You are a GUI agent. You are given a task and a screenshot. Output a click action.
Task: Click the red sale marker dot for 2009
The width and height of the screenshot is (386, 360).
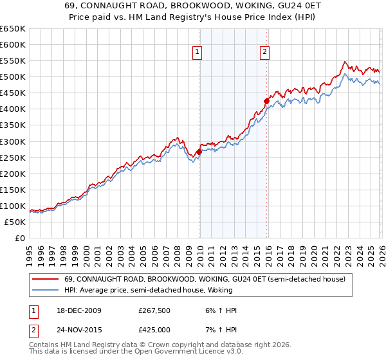pos(199,152)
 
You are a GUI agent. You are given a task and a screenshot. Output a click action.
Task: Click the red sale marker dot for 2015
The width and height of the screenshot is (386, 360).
pos(266,101)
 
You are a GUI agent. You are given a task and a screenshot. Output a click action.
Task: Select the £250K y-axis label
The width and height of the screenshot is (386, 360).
pos(14,157)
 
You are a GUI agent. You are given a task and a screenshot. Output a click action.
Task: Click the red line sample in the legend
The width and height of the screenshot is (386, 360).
pos(46,280)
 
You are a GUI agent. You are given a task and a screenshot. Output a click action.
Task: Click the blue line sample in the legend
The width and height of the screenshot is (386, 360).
pos(46,291)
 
